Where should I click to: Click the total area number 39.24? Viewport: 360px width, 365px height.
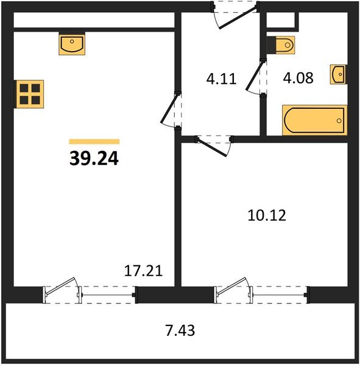(x=94, y=159)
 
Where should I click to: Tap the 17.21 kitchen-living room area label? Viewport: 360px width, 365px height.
(x=143, y=271)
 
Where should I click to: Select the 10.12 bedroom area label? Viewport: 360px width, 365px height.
(x=267, y=215)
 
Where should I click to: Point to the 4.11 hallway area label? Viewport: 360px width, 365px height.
(x=222, y=78)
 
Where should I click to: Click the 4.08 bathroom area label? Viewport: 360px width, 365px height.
(x=298, y=78)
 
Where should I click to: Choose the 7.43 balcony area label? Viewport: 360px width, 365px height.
(x=180, y=330)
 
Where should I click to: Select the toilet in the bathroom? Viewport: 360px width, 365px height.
(x=281, y=45)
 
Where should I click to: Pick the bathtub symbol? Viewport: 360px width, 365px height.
(x=314, y=120)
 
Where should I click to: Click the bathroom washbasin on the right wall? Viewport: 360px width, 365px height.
(x=339, y=74)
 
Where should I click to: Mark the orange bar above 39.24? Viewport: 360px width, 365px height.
(x=94, y=142)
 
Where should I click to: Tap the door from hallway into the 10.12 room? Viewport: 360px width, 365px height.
(x=212, y=147)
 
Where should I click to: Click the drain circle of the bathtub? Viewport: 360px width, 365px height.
(x=339, y=120)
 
